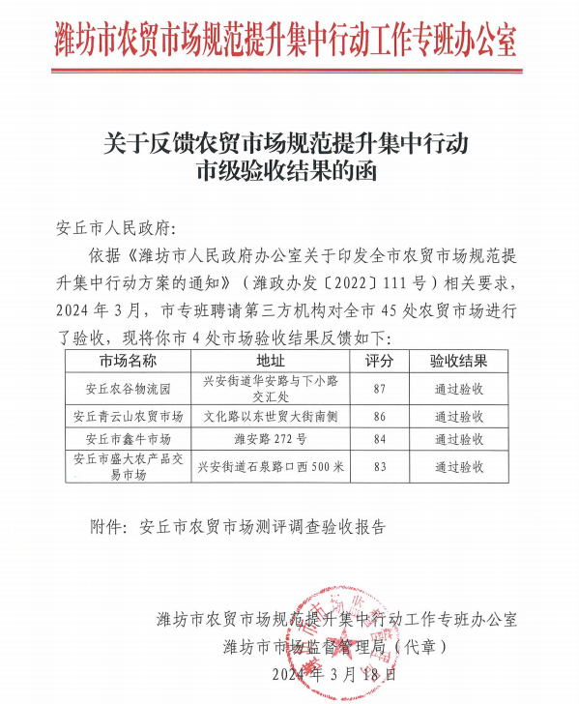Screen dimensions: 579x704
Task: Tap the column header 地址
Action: [x=270, y=362]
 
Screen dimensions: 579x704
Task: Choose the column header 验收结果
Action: [x=458, y=362]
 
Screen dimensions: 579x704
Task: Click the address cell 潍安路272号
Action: [x=270, y=440]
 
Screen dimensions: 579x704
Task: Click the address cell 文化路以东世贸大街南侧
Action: [x=270, y=417]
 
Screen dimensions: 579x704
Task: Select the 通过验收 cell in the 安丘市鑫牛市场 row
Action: [x=458, y=440]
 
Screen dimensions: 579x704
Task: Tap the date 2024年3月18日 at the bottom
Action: [x=333, y=673]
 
